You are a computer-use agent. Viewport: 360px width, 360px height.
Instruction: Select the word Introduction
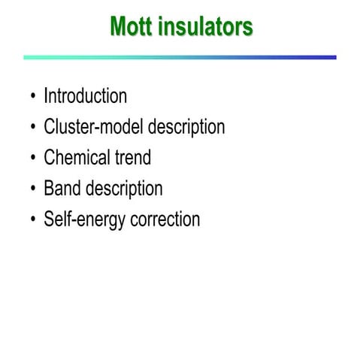point(85,97)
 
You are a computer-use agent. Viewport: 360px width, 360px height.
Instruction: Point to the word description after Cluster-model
point(186,128)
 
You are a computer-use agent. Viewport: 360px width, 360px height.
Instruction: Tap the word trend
point(131,158)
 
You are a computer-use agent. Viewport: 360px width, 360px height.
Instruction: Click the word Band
point(62,189)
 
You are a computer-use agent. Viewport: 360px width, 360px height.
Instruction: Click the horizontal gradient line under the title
point(180,57)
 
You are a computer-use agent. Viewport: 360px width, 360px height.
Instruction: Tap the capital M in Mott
point(119,27)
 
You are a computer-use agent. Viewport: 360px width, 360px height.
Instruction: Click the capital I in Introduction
point(46,97)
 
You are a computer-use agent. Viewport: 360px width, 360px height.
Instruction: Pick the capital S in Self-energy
point(49,220)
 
